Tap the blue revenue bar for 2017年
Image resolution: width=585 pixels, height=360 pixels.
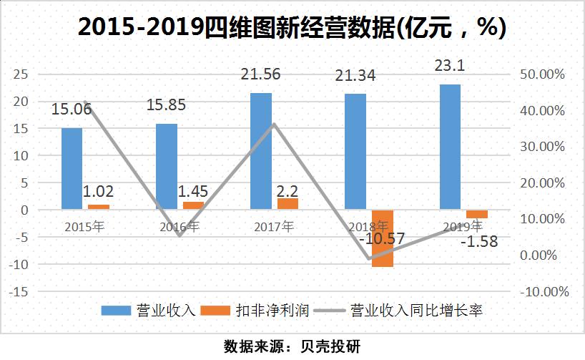(261, 151)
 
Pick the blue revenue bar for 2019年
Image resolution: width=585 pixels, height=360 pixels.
(450, 147)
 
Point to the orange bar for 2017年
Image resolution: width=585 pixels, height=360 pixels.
(287, 204)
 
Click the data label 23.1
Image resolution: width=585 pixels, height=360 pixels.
(450, 66)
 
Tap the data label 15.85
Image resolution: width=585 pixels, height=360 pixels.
(166, 105)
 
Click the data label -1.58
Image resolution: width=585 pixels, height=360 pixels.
(478, 241)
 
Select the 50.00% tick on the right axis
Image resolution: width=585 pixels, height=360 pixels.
(546, 74)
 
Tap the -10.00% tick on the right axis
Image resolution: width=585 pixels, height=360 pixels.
(544, 292)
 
